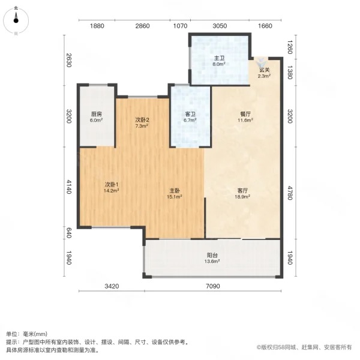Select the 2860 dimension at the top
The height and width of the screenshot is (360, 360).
pyautogui.click(x=142, y=26)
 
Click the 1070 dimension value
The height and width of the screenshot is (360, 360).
pyautogui.click(x=180, y=26)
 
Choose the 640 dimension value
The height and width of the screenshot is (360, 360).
pyautogui.click(x=69, y=231)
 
